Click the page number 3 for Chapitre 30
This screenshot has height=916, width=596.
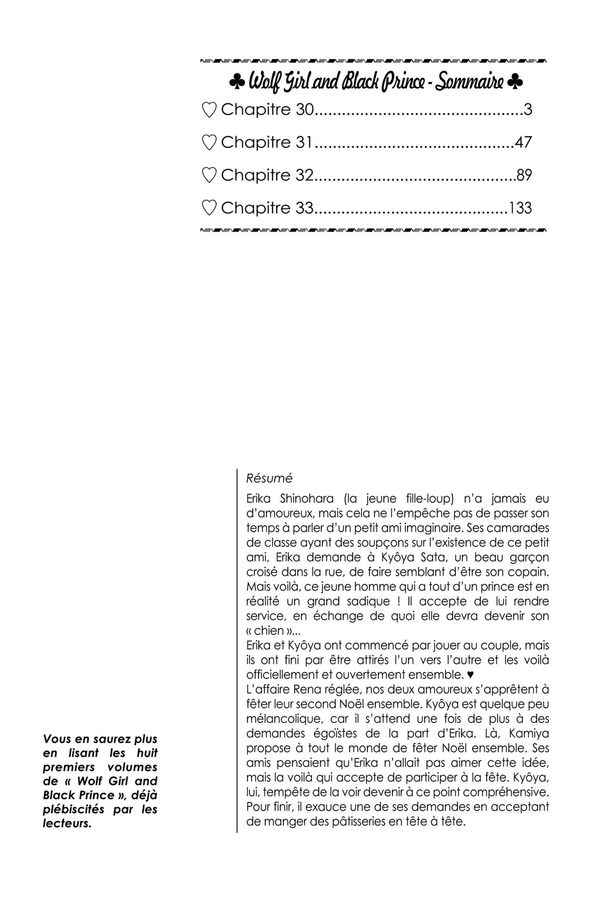[x=527, y=110]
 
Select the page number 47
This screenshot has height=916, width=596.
[x=523, y=142]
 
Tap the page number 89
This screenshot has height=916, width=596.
[x=524, y=175]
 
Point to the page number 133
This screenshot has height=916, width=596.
[x=520, y=208]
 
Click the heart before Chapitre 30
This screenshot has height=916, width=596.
[x=210, y=110]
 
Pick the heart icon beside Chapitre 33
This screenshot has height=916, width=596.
[x=210, y=208]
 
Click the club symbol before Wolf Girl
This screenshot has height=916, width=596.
[x=236, y=82]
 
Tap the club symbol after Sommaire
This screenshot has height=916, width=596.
[x=516, y=82]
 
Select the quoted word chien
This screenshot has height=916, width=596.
[x=270, y=632]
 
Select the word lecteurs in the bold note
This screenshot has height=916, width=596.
[x=67, y=824]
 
